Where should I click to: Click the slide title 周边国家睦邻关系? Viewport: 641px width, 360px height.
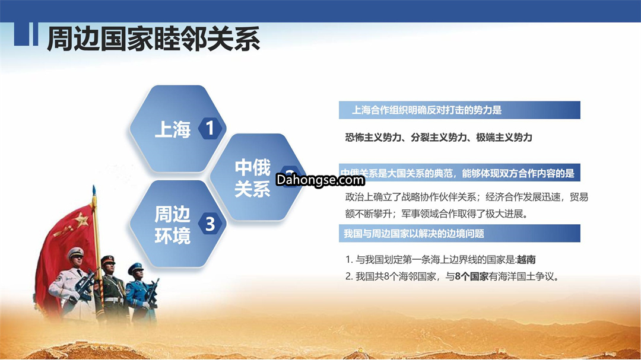(x=153, y=39)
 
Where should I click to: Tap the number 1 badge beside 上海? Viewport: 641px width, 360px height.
(x=210, y=128)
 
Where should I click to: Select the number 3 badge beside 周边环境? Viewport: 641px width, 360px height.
(x=210, y=224)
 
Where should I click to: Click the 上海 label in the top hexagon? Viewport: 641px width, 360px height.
(x=173, y=129)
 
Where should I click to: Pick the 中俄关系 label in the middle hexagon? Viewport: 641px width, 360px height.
(x=252, y=179)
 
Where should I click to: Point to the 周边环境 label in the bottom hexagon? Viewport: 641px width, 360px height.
(x=173, y=225)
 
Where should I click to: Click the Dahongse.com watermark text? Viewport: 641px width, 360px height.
(x=320, y=180)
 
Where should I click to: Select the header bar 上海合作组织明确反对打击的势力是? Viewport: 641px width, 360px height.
(x=459, y=110)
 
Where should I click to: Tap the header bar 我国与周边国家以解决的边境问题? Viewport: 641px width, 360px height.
(x=459, y=233)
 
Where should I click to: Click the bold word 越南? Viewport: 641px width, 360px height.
(x=526, y=260)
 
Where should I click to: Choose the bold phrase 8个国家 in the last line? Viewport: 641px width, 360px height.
(x=472, y=276)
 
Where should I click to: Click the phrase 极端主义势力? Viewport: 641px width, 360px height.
(x=504, y=138)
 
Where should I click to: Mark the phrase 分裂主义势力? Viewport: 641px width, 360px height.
(x=438, y=138)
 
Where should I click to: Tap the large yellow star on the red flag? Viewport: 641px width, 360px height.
(x=81, y=221)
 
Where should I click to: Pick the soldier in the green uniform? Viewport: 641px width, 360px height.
(x=112, y=288)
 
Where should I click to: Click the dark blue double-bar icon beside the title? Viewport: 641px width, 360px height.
(x=26, y=33)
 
